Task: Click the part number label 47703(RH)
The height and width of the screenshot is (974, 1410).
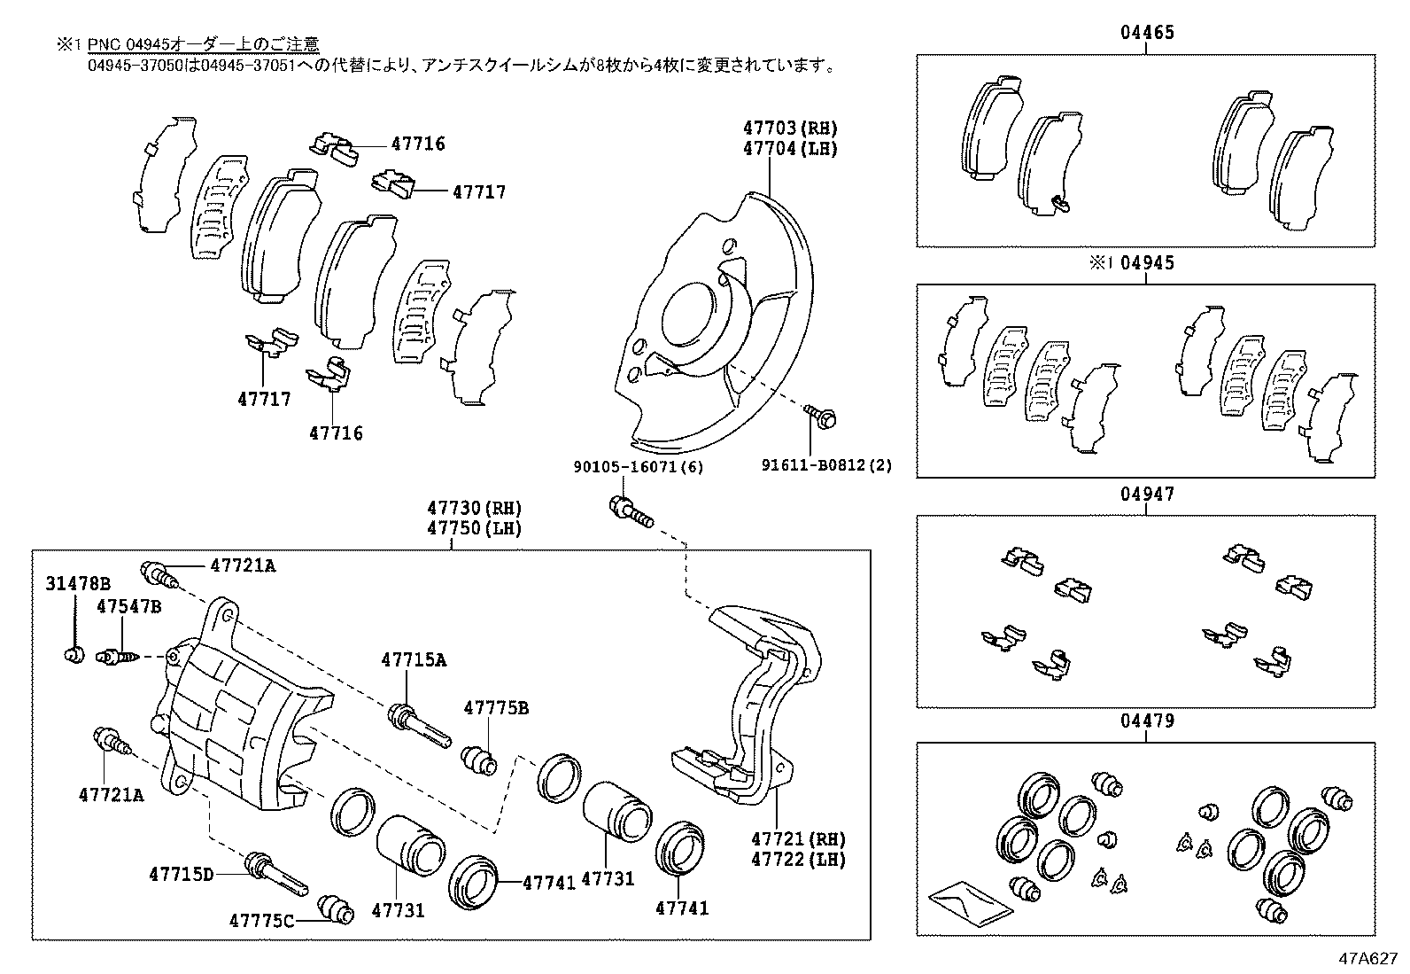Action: [790, 129]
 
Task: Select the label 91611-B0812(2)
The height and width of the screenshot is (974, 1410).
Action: [828, 464]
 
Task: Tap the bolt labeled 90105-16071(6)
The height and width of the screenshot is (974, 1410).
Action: [630, 512]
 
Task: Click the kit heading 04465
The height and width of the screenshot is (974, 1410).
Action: [1146, 33]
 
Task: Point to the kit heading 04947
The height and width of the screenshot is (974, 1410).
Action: [1146, 494]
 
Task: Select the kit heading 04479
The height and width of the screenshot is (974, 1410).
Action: [1146, 721]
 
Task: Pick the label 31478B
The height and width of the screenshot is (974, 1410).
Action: [79, 583]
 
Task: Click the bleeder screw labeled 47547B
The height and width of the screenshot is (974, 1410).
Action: [119, 657]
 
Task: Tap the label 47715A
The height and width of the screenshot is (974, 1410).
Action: [414, 659]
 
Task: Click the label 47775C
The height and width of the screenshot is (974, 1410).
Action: [261, 921]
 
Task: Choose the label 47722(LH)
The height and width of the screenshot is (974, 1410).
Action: [798, 859]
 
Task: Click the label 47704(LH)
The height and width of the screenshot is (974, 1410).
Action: [790, 148]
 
